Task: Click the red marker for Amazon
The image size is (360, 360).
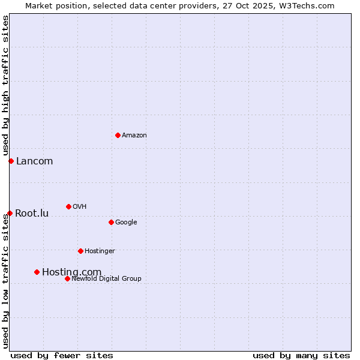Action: (x=118, y=135)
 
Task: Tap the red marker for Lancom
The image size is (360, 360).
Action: (x=11, y=161)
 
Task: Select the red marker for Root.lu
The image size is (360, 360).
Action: (x=10, y=213)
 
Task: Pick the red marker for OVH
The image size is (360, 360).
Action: (x=68, y=206)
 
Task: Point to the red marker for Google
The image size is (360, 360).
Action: (x=111, y=222)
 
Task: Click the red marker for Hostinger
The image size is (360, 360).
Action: (x=80, y=251)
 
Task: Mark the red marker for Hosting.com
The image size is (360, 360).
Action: (x=37, y=272)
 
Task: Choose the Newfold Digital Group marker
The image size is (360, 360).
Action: (x=67, y=278)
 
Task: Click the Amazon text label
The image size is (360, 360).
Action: (x=134, y=136)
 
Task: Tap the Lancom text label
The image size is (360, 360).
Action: (x=34, y=161)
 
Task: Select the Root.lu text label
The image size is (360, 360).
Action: (x=32, y=213)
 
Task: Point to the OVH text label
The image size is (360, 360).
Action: (x=80, y=207)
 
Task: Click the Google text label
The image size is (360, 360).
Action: (x=126, y=223)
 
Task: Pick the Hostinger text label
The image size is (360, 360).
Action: (x=100, y=251)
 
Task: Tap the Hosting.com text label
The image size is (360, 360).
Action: (x=71, y=272)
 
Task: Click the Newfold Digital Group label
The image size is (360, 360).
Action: (x=106, y=278)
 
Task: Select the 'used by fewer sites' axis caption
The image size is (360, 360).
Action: (x=62, y=355)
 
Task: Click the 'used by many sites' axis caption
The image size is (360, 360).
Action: (x=301, y=355)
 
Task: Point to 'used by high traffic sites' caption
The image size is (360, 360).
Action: (x=5, y=86)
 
